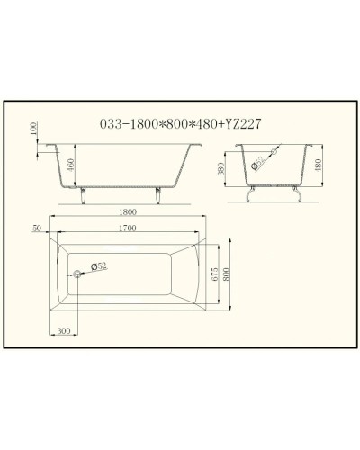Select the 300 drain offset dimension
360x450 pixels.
tap(64, 330)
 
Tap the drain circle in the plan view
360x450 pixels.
tap(78, 273)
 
